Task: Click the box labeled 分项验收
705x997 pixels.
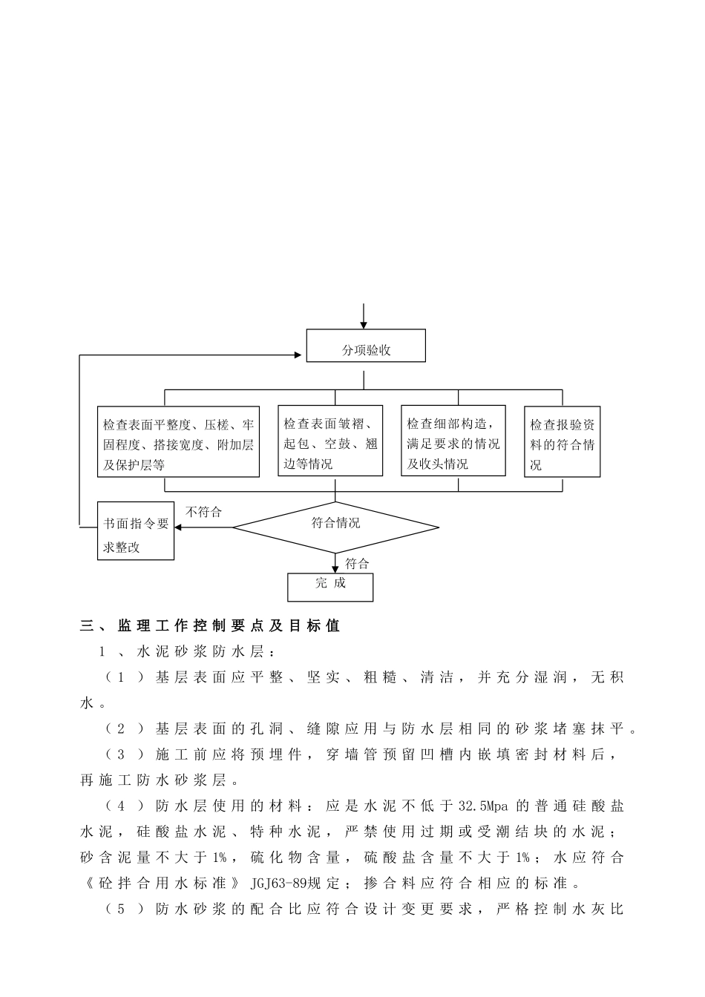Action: (366, 346)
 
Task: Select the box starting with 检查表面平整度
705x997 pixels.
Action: (178, 441)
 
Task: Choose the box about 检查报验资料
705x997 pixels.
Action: (562, 441)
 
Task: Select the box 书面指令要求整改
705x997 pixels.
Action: (136, 531)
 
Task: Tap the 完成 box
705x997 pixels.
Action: (330, 586)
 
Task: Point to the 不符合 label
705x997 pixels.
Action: (203, 512)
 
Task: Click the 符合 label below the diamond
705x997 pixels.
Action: (357, 564)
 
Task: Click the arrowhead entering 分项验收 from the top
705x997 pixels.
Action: (364, 325)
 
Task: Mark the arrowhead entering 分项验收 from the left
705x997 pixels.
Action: (301, 355)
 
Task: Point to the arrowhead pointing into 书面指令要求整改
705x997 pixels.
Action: (179, 528)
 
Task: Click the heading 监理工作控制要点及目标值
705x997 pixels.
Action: (229, 626)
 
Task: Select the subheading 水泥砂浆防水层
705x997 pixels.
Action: (204, 653)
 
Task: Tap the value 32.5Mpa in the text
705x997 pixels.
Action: (485, 806)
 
